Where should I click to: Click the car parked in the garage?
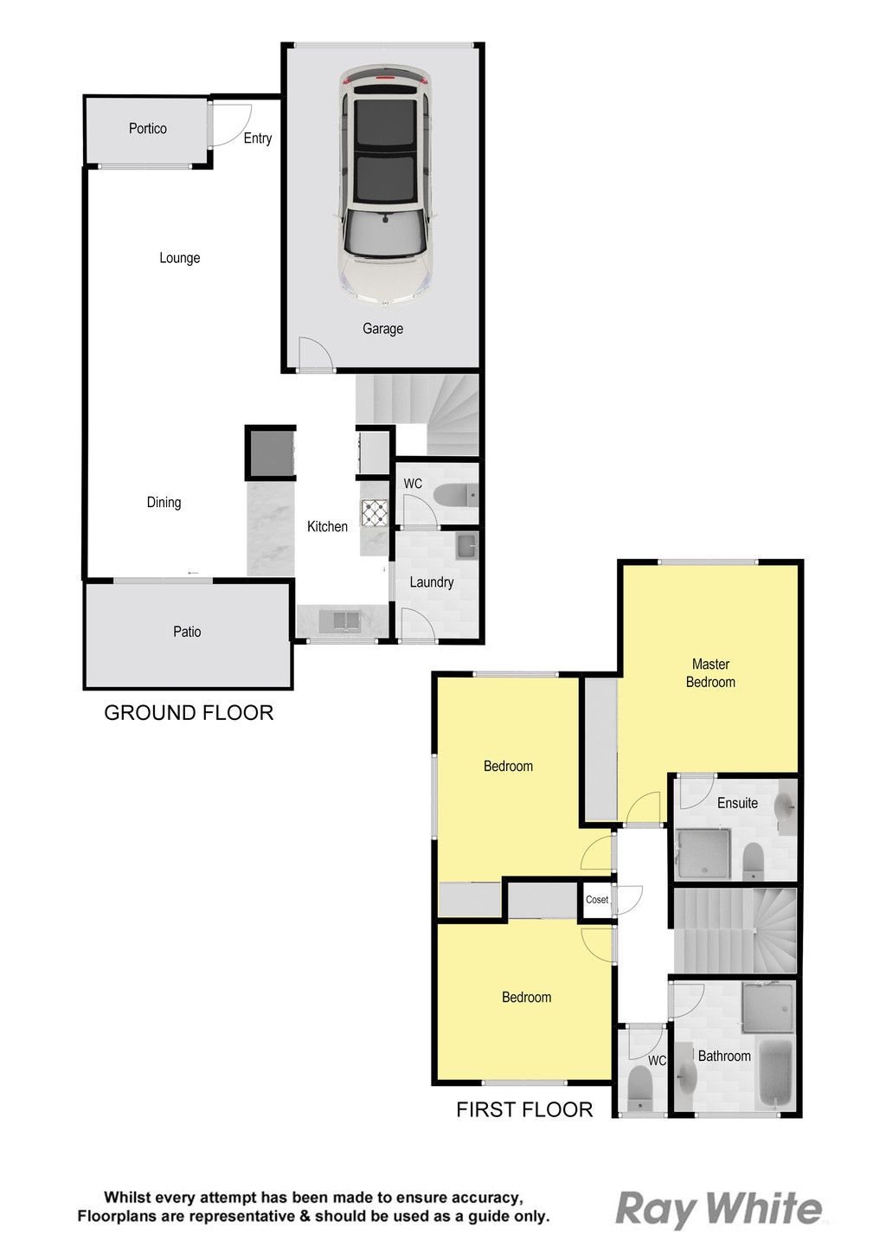pos(385,185)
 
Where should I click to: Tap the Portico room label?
pos(148,129)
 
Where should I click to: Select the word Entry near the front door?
pos(258,138)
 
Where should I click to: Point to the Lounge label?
pos(180,258)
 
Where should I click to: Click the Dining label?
pos(164,502)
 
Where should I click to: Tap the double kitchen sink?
pos(341,620)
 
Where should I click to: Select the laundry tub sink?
pos(466,547)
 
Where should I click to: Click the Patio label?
pos(187,632)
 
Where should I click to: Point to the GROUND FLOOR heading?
pos(189,713)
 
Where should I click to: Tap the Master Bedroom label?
pos(710,673)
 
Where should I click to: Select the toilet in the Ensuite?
pos(753,862)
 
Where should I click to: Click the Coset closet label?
pos(597,899)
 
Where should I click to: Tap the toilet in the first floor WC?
pos(640,1088)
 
